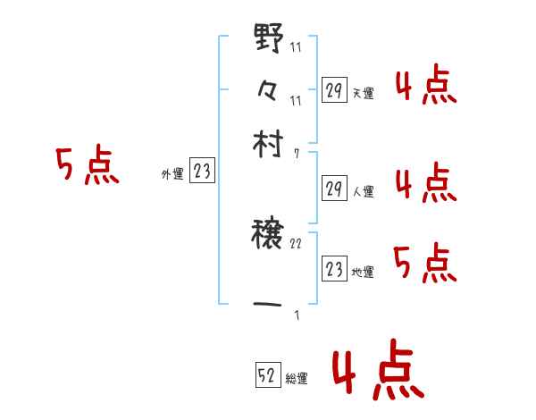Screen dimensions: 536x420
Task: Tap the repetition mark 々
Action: (x=268, y=91)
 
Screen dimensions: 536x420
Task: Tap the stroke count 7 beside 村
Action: (x=297, y=154)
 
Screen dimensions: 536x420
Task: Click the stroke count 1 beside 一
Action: (x=297, y=315)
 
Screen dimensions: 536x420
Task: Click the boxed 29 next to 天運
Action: (x=334, y=90)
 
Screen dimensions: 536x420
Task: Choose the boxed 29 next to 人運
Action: (x=334, y=189)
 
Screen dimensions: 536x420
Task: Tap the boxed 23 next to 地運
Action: (x=334, y=269)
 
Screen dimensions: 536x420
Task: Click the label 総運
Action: (x=297, y=379)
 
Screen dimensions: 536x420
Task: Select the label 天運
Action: (x=363, y=93)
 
